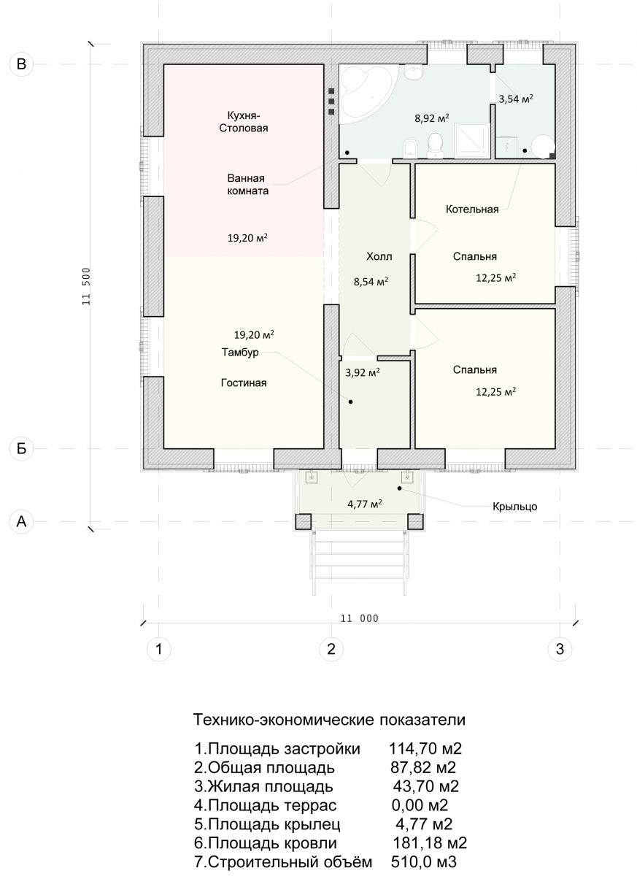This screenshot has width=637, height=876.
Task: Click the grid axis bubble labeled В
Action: pos(21,64)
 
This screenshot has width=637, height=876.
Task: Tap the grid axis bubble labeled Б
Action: pos(21,448)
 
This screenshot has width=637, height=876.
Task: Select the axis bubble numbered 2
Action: pos(331,649)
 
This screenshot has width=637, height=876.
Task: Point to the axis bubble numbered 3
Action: pos(560,649)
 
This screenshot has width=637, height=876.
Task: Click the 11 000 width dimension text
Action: pos(359,618)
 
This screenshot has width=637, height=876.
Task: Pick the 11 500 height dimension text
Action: pos(86,286)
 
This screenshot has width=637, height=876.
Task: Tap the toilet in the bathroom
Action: pos(435,146)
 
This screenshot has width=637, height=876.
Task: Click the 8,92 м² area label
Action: pos(431,118)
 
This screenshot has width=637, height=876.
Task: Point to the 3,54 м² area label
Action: pos(516,99)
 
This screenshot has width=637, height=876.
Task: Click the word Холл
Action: pos(379,256)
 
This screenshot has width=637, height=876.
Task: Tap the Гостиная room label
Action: pos(244,383)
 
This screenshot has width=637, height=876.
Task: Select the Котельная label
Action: pos(472,210)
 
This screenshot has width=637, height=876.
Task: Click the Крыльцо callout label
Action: pos(514,507)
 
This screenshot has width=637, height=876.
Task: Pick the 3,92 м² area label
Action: pos(362,372)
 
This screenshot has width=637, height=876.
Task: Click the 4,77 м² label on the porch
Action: pos(364,504)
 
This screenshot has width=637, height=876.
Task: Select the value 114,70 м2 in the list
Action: pos(425,748)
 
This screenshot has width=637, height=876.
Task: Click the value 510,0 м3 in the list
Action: pos(424,861)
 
